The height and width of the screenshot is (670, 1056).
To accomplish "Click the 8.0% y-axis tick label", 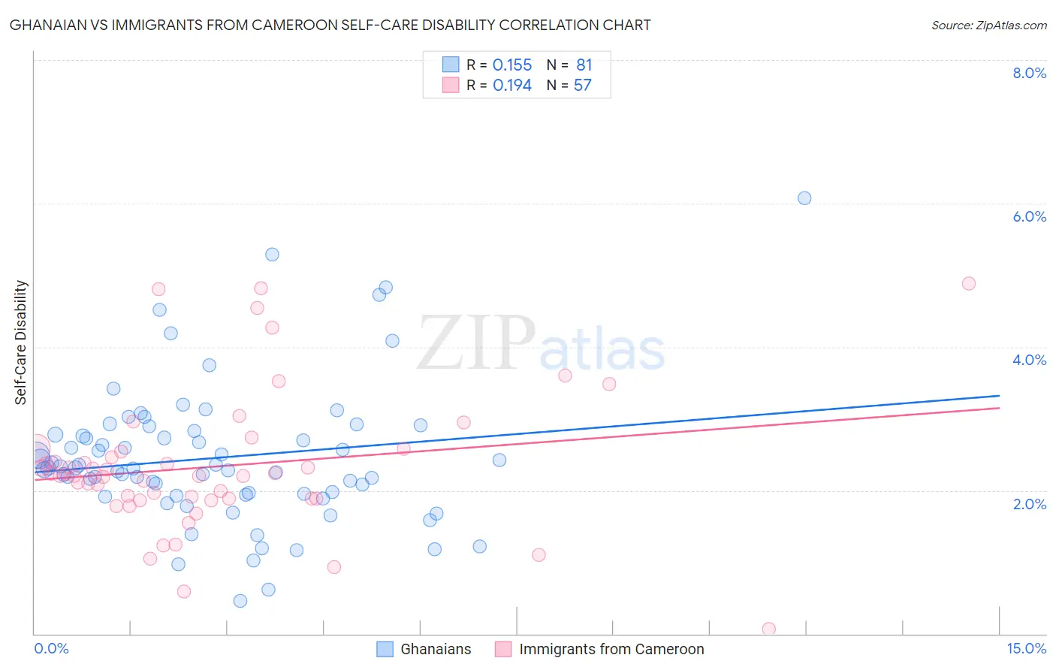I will [x=1029, y=73].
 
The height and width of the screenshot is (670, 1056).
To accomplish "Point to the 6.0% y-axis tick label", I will [x=1029, y=216].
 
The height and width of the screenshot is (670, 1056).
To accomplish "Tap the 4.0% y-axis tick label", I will [x=1029, y=360].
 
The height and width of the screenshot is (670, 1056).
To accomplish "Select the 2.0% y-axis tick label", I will [x=1029, y=504].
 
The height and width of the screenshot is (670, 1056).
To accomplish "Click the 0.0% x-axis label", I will [x=51, y=649].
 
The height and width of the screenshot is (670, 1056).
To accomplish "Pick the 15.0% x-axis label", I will [x=1026, y=649].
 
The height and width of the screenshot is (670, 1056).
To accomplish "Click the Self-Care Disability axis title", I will [x=21, y=343].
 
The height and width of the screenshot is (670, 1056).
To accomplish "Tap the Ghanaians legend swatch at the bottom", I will [x=385, y=650].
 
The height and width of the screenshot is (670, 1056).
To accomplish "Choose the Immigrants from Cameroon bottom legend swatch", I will [x=503, y=650].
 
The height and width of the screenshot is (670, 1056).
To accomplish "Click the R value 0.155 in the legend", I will [x=512, y=65].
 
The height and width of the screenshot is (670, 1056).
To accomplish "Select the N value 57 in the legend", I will [x=583, y=86].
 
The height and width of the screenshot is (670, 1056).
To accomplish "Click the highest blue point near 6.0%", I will [x=804, y=198].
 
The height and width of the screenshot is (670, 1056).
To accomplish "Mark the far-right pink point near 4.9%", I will [x=969, y=283].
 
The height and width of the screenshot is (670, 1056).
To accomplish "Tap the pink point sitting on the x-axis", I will [x=768, y=629].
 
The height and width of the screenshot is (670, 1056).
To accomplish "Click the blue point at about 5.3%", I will [x=272, y=255].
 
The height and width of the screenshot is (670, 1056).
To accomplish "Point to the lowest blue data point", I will [x=240, y=601].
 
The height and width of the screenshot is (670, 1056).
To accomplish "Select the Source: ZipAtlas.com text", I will [x=988, y=26].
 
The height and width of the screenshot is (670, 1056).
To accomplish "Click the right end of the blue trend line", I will [x=999, y=395].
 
